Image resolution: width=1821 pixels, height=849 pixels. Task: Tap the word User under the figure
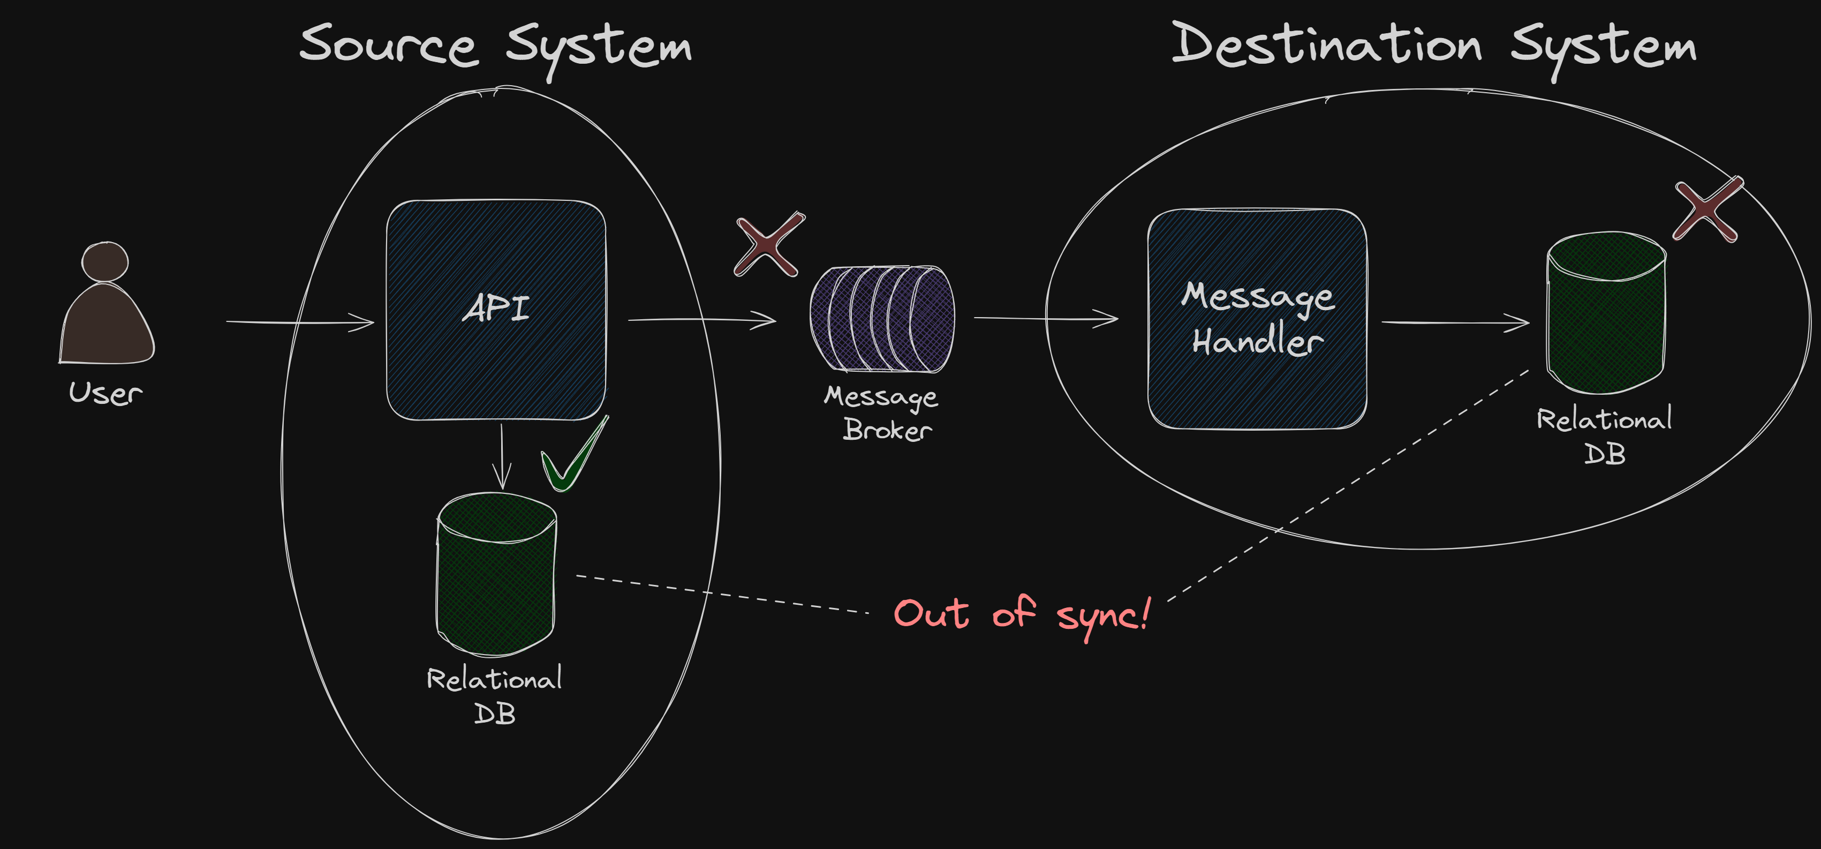tap(105, 393)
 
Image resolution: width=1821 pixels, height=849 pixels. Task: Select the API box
tap(496, 310)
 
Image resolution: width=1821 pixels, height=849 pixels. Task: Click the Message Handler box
tap(1257, 318)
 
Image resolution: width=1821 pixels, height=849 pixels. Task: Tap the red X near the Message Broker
tap(768, 244)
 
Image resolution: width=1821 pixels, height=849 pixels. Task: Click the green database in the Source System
tap(496, 574)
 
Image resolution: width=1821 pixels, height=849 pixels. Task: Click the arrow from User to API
tap(300, 322)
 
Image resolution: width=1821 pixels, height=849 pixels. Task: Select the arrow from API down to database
tap(502, 456)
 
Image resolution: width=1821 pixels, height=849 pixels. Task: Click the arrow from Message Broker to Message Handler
tap(1046, 318)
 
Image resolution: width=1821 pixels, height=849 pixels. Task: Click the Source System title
tap(495, 46)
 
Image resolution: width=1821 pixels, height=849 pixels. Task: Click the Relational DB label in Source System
tap(495, 695)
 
